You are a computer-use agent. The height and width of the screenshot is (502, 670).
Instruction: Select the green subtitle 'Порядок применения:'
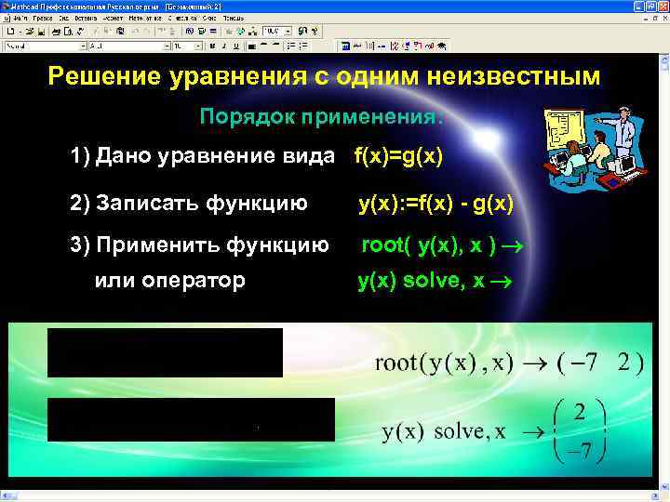[x=322, y=117]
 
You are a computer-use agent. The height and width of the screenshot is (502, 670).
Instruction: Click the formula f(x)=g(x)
[x=398, y=155]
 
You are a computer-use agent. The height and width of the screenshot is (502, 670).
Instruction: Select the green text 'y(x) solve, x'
[x=422, y=281]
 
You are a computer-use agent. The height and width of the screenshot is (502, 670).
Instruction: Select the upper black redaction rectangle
[x=165, y=352]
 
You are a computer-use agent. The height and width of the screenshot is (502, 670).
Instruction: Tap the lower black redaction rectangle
[x=191, y=419]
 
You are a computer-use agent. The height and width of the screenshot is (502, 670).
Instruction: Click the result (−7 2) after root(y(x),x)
[x=599, y=363]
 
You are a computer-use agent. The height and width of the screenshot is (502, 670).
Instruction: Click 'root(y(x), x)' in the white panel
[x=443, y=363]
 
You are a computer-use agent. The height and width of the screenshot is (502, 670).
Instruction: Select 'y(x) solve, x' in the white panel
[x=444, y=432]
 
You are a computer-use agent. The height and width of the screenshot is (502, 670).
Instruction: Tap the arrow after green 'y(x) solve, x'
[x=504, y=282]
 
